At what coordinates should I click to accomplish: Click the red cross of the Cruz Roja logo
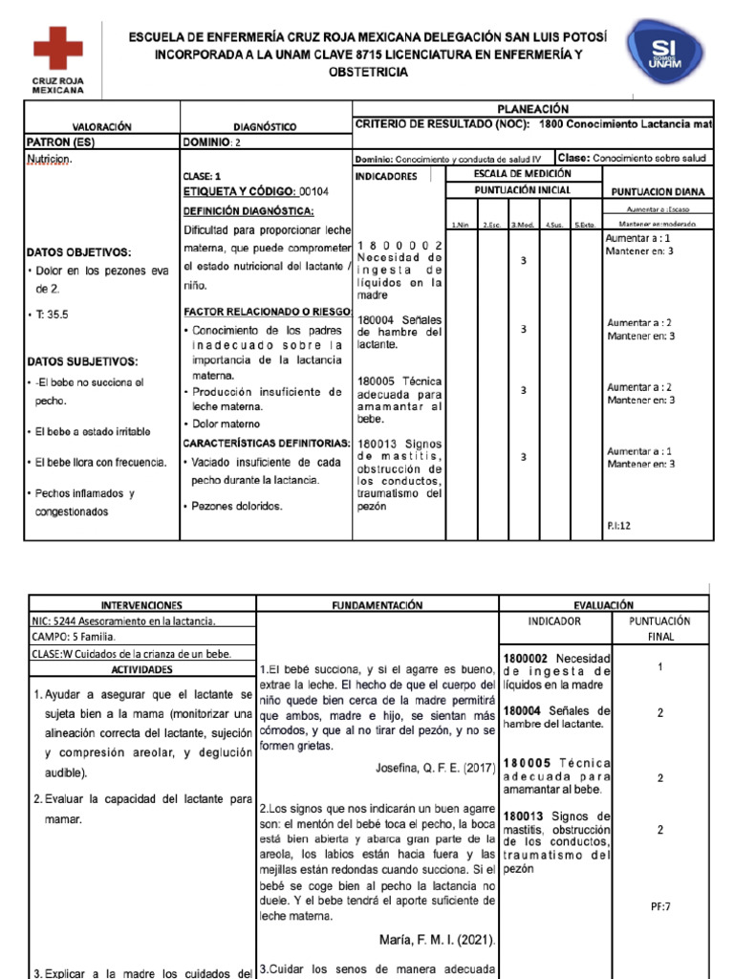(58, 48)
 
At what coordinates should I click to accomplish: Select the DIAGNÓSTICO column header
(265, 127)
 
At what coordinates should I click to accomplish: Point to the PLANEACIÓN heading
(533, 109)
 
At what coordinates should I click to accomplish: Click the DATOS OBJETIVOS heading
(79, 252)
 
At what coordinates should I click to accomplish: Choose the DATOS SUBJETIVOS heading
(83, 361)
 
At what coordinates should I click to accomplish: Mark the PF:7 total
(659, 905)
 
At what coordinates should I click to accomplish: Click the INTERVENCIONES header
(141, 606)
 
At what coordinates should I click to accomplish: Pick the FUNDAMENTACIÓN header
(377, 606)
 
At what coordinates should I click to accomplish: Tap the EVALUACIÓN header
(604, 606)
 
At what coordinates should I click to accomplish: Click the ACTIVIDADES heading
(140, 670)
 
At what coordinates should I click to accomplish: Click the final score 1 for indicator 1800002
(659, 667)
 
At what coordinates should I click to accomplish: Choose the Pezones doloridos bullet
(238, 506)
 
